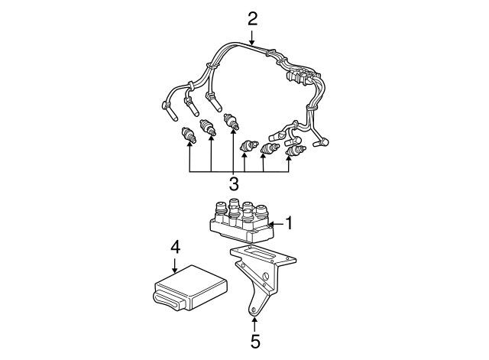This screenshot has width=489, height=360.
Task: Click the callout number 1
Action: pyautogui.click(x=290, y=223)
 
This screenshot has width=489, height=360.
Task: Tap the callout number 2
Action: pyautogui.click(x=253, y=18)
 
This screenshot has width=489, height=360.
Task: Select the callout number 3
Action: pyautogui.click(x=234, y=183)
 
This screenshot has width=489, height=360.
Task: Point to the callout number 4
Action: pyautogui.click(x=175, y=248)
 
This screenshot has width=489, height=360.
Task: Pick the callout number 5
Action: pyautogui.click(x=254, y=342)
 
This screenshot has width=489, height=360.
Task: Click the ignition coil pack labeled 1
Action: pyautogui.click(x=241, y=222)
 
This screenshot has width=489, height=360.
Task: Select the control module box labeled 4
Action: pyautogui.click(x=190, y=288)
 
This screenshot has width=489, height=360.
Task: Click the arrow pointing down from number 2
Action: pyautogui.click(x=252, y=37)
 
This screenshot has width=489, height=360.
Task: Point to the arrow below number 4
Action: pyautogui.click(x=175, y=266)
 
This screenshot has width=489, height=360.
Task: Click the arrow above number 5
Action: pyautogui.click(x=254, y=324)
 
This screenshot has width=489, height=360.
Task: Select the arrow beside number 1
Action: pyautogui.click(x=277, y=224)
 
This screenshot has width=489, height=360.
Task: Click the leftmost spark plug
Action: pyautogui.click(x=189, y=135)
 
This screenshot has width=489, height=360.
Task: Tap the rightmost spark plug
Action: pyautogui.click(x=296, y=151)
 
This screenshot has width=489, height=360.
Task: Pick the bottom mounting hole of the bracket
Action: pyautogui.click(x=253, y=310)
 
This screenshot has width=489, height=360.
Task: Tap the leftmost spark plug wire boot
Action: pyautogui.click(x=170, y=111)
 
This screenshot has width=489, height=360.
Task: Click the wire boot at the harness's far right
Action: pyautogui.click(x=321, y=143)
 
